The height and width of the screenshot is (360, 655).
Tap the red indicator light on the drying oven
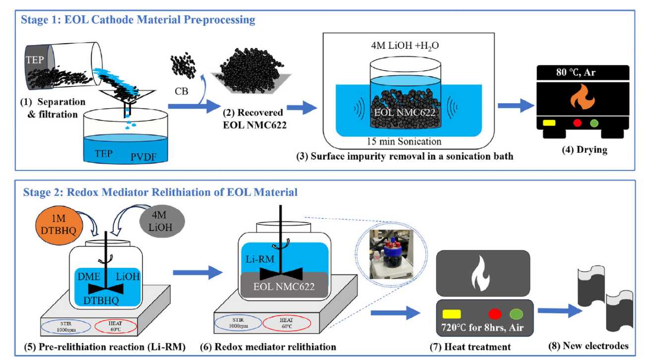click(577, 122)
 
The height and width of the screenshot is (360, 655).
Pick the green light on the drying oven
click(594, 122)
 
